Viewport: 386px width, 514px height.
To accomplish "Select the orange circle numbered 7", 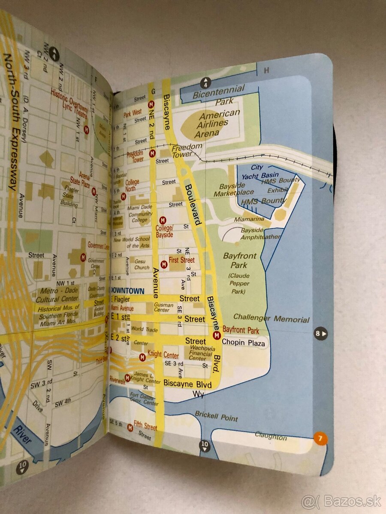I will click(x=320, y=439).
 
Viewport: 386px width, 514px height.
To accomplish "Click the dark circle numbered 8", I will click(x=320, y=333).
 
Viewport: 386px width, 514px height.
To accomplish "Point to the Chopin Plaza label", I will click(x=244, y=343).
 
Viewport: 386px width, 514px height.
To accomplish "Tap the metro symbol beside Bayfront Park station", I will click(x=217, y=335).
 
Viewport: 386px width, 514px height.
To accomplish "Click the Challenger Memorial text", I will click(x=277, y=319).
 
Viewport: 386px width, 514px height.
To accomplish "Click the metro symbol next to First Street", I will click(x=163, y=265).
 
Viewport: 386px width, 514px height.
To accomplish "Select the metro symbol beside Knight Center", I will click(x=142, y=357).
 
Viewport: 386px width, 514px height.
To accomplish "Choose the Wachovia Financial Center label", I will click(x=201, y=354).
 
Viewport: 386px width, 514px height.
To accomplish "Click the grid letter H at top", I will click(x=266, y=71).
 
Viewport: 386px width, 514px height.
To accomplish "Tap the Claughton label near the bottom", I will click(x=271, y=436).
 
